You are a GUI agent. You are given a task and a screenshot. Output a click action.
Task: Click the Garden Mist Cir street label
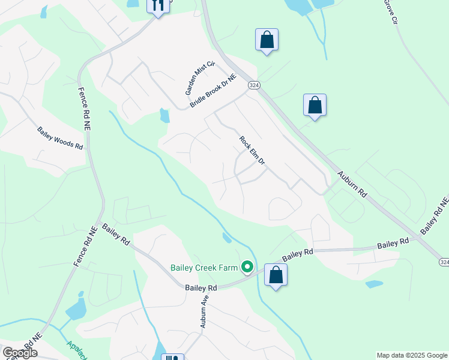tap(200, 78)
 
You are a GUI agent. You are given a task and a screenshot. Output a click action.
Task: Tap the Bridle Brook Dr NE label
tap(213, 91)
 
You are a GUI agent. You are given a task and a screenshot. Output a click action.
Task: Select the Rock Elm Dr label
tap(252, 151)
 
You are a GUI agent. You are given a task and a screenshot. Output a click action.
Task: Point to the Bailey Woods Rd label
tap(59, 138)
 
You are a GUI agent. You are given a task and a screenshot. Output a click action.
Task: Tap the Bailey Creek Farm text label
tap(204, 268)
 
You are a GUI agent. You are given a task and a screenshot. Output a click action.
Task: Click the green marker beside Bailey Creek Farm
tap(246, 267)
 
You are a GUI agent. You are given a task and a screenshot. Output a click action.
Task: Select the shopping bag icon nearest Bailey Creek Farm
tap(276, 275)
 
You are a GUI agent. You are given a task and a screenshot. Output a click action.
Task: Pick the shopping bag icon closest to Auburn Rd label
tap(315, 105)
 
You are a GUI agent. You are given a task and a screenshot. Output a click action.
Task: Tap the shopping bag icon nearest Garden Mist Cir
tap(267, 40)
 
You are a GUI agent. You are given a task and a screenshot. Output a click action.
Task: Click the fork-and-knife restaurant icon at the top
tap(158, 6)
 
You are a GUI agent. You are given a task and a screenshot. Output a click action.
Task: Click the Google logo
tap(20, 353)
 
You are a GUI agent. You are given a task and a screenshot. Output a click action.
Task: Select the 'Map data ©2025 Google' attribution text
tap(412, 355)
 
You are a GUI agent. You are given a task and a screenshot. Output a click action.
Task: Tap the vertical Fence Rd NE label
tap(83, 108)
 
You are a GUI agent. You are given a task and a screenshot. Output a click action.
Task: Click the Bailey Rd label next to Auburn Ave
tap(200, 288)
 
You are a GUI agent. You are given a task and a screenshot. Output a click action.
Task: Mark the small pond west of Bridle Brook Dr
tap(164, 115)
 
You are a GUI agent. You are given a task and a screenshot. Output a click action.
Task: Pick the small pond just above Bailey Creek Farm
tap(226, 238)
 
